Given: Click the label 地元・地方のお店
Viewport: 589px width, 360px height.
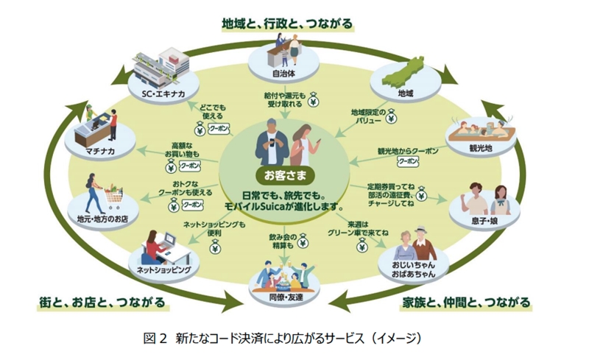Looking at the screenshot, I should point(101,219).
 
